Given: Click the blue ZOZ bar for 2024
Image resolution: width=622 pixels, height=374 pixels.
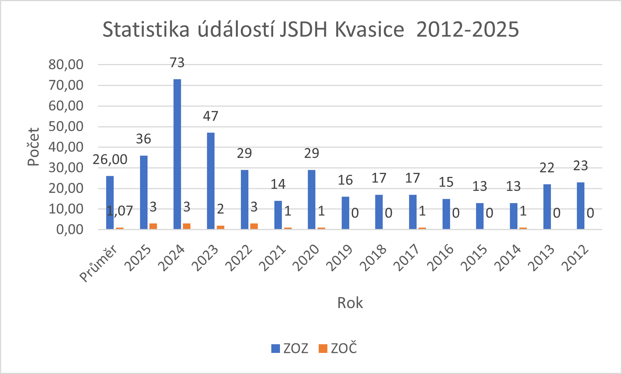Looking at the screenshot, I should (177, 154).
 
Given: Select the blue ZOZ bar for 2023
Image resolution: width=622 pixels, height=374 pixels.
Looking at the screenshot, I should (211, 181).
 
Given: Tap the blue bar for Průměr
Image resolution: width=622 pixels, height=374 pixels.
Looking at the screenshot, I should (110, 203).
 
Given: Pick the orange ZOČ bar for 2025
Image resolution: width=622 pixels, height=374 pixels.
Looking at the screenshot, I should (153, 226).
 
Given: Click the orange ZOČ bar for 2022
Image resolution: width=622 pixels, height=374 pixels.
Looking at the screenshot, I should (254, 226).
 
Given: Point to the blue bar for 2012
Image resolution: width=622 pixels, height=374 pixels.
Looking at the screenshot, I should (581, 206).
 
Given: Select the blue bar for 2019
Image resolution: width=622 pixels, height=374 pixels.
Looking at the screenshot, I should (345, 213).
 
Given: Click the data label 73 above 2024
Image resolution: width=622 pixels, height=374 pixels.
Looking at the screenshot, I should (177, 63).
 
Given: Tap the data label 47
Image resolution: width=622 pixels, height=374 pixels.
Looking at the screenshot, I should (211, 116).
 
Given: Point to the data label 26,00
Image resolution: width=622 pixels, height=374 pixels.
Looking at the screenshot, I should (110, 160).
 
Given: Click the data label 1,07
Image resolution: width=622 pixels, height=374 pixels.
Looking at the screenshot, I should (120, 211).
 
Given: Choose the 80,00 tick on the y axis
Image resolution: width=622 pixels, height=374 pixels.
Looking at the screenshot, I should (66, 65).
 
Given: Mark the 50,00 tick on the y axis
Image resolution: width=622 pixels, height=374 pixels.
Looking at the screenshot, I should (66, 127).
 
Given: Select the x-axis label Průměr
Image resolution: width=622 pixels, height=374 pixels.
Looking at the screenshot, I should (99, 263).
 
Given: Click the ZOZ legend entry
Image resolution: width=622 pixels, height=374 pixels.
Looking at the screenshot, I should (290, 348).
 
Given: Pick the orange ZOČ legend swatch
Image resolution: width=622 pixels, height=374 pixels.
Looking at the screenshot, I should (323, 348).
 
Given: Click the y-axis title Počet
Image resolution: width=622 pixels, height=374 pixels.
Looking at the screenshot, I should (33, 147).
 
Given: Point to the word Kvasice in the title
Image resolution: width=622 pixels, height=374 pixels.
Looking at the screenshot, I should (369, 29).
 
